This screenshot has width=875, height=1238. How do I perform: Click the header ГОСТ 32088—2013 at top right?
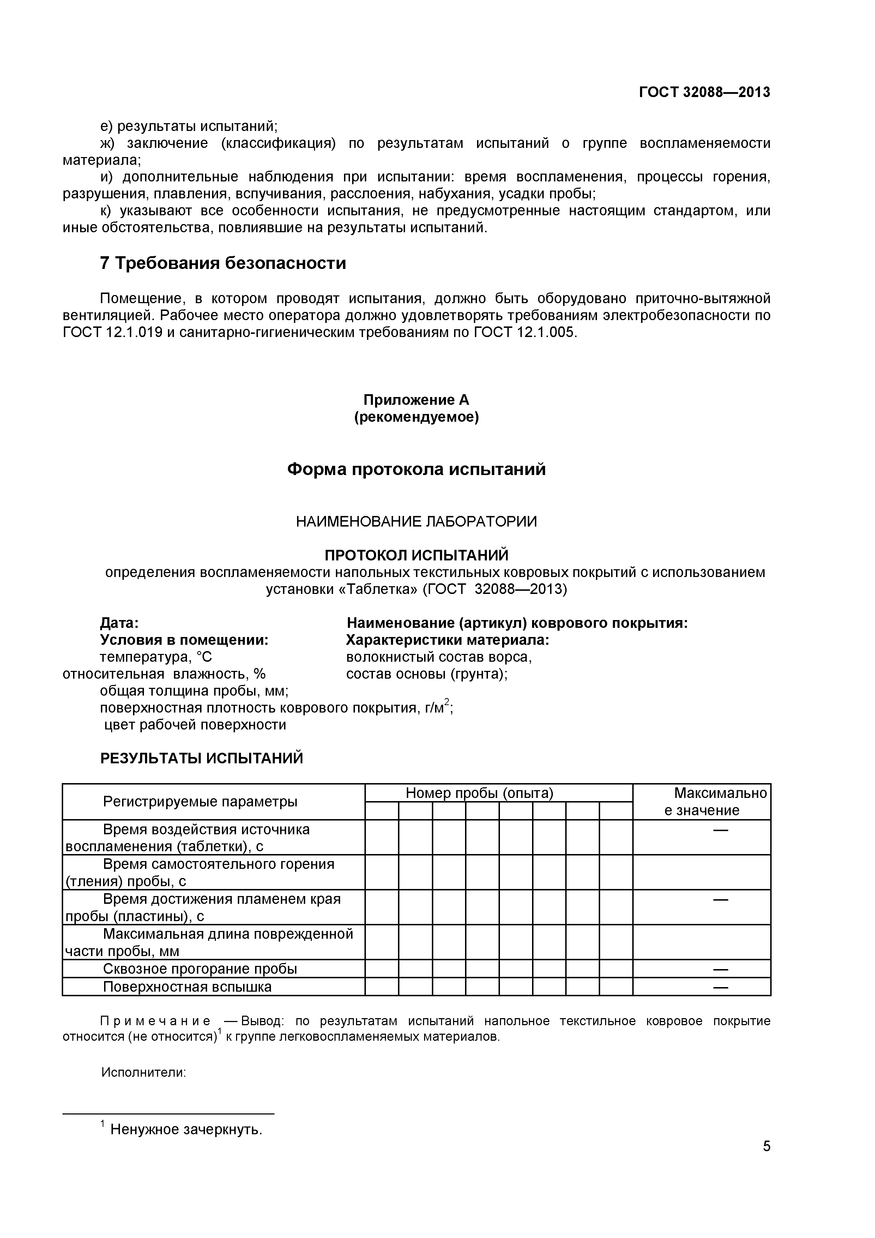tap(704, 92)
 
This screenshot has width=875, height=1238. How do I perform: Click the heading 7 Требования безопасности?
tap(223, 263)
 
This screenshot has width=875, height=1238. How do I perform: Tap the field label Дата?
tap(119, 623)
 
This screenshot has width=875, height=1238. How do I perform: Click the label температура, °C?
tap(156, 657)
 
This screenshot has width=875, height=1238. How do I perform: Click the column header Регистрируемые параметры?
tap(200, 802)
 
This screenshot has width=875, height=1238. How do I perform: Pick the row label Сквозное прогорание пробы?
tap(200, 969)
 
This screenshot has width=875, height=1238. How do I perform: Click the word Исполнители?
tap(143, 1072)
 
